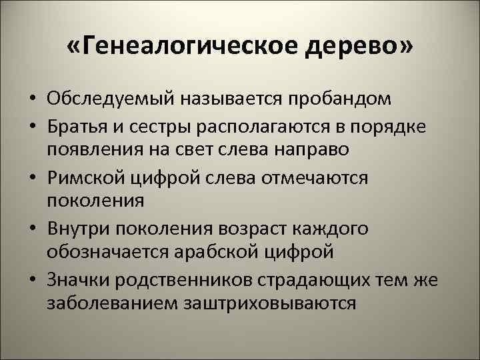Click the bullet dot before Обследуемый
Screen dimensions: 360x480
(31, 101)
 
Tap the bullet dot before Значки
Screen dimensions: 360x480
(31, 281)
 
